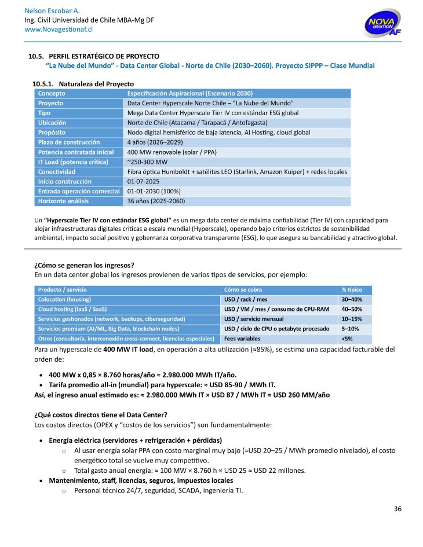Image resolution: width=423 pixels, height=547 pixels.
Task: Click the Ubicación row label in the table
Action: click(52, 123)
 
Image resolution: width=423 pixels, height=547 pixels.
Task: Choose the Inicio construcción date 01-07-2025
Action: click(144, 182)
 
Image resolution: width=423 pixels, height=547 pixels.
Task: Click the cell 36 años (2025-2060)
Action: click(156, 201)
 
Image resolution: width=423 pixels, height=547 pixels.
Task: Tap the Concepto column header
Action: click(52, 93)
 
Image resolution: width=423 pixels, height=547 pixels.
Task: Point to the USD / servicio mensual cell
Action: click(254, 319)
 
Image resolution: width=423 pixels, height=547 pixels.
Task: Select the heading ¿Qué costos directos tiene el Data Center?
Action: click(101, 414)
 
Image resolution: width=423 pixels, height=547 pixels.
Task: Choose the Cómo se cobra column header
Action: click(243, 289)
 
